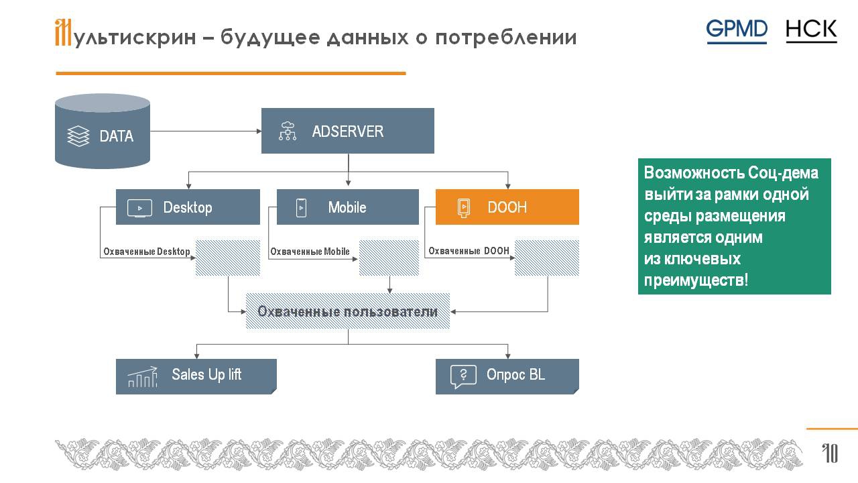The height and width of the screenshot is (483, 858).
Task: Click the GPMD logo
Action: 736,31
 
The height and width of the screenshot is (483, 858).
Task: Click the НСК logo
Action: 811,31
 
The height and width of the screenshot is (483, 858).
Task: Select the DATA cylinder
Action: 103,131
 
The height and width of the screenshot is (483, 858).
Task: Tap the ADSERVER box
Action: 347,131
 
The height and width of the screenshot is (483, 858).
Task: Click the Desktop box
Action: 188,207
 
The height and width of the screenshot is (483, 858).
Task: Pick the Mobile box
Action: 347,207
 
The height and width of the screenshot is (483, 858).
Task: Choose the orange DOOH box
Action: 507,207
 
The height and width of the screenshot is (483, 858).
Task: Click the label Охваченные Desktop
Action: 146,252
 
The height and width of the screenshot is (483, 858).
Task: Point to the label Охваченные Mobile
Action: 310,252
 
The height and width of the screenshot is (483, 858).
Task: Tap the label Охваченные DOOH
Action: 469,252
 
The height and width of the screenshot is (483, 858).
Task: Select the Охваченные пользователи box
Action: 347,312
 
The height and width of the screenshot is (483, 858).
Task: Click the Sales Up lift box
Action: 196,376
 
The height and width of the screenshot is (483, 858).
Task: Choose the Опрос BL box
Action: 507,376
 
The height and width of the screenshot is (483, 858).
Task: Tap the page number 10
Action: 830,454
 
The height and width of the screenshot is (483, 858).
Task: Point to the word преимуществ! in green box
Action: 696,280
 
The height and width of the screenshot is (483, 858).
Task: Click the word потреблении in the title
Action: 505,38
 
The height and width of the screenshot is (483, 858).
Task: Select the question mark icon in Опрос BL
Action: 463,376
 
